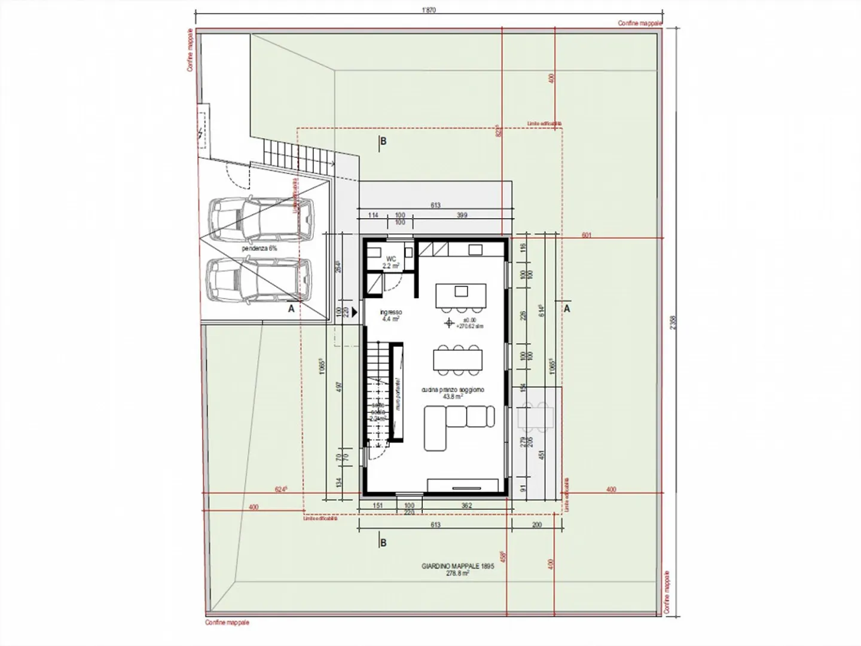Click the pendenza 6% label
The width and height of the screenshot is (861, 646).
click(259, 247)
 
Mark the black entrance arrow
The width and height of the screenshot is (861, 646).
click(355, 311)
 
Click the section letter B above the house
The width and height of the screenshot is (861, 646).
click(383, 142)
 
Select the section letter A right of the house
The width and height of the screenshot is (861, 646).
click(567, 309)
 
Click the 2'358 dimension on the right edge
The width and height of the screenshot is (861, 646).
click(673, 323)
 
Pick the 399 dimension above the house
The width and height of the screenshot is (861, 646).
click(462, 215)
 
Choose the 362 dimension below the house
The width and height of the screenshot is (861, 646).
click(467, 506)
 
